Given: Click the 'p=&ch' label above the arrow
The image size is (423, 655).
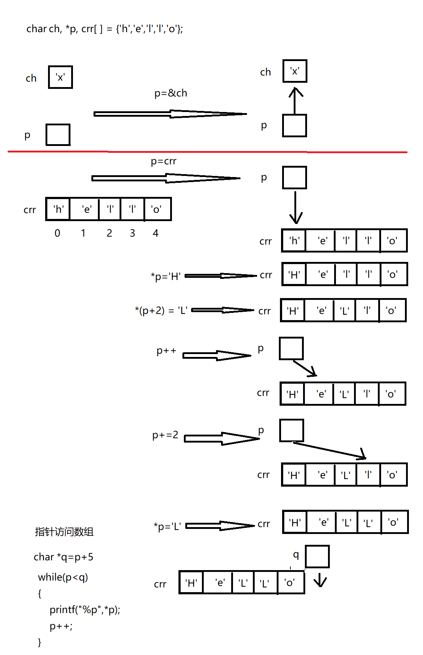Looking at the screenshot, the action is [171, 93].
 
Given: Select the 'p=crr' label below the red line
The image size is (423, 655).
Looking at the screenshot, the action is [163, 161].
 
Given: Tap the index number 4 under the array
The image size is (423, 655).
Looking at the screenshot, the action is [155, 233].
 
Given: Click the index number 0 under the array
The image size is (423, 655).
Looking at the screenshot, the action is [57, 233].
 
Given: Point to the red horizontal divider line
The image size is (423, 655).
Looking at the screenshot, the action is [207, 152].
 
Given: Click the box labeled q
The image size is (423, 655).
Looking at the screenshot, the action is [317, 556].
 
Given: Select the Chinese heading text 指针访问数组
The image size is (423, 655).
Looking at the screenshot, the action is [64, 532].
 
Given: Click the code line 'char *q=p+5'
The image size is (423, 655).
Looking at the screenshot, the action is [64, 557].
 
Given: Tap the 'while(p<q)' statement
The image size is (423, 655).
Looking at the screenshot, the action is [63, 577].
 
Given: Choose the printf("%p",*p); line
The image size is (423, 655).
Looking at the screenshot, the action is [85, 610].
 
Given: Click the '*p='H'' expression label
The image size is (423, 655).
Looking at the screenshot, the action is [166, 277].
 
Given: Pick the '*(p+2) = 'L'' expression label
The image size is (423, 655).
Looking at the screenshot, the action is [161, 311].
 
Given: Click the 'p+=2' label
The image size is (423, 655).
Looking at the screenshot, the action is [165, 435].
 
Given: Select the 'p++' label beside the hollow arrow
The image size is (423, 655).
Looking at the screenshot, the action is [166, 351].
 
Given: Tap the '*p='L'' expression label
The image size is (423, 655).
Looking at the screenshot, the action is [167, 526].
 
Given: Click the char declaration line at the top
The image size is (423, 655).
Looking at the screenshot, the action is [105, 29].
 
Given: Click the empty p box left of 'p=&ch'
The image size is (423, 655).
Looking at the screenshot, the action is [58, 135].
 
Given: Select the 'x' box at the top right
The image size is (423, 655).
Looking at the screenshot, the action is [295, 71].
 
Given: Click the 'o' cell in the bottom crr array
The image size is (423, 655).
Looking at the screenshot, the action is [290, 583].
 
